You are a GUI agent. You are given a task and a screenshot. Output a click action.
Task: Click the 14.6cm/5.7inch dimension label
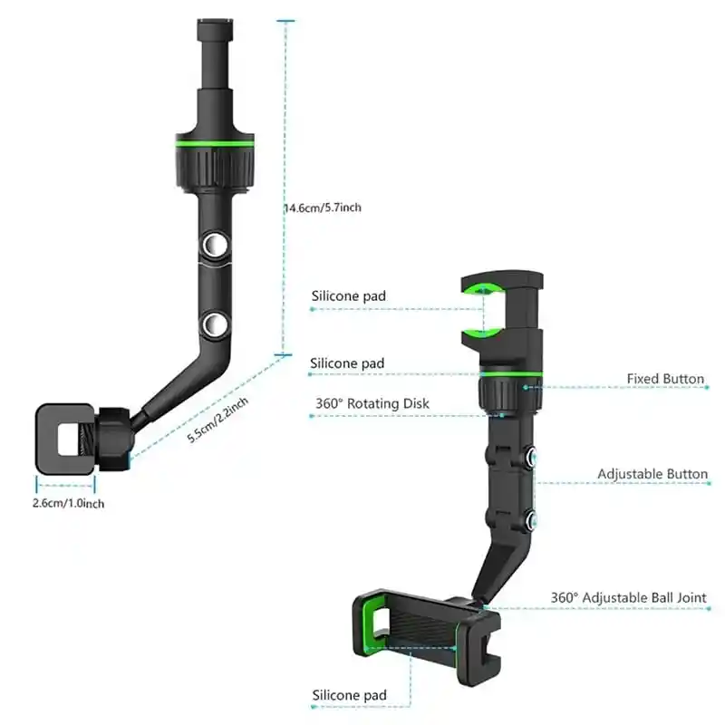(x=323, y=208)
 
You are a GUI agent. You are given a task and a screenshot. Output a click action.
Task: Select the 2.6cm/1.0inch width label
(x=69, y=502)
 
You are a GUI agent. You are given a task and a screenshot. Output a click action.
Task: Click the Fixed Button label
(x=665, y=379)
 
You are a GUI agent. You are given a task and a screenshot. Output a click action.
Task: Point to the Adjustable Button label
(x=652, y=474)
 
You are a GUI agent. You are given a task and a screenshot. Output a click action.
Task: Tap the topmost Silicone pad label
(x=348, y=296)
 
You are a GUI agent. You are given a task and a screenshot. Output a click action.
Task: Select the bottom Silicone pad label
(x=348, y=695)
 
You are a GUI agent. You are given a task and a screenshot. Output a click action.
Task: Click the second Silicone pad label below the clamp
(x=347, y=363)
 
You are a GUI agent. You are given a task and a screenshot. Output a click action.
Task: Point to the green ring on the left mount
(x=213, y=144)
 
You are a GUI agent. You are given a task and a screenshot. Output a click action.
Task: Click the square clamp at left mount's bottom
(x=65, y=439)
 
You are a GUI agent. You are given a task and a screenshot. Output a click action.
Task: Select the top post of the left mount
(x=212, y=54)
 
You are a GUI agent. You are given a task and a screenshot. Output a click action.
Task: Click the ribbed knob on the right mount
(x=502, y=392)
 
